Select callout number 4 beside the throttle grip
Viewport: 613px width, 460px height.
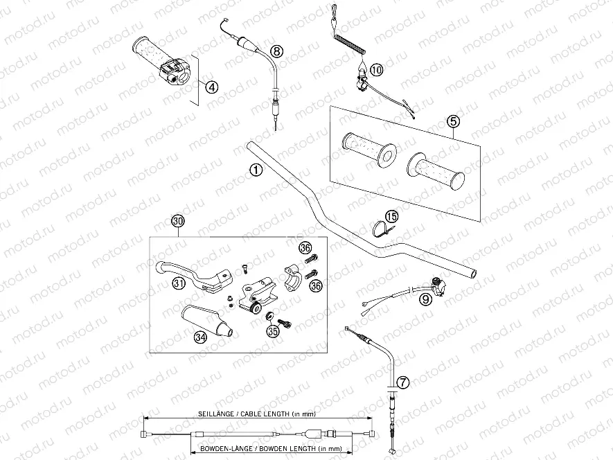pyautogui.click(x=212, y=87)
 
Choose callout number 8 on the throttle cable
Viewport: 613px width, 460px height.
pyautogui.click(x=276, y=51)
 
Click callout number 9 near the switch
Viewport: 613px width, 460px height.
pyautogui.click(x=425, y=299)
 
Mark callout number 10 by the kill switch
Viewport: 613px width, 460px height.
pyautogui.click(x=376, y=69)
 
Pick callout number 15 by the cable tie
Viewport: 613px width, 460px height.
pyautogui.click(x=393, y=217)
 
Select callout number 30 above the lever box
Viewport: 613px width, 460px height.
pyautogui.click(x=179, y=222)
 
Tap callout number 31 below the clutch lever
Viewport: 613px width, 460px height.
pyautogui.click(x=179, y=283)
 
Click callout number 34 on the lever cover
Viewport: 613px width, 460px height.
pyautogui.click(x=201, y=337)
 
